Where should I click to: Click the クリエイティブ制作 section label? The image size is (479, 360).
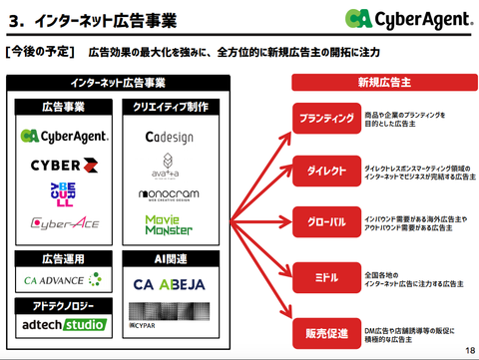pos(170,107)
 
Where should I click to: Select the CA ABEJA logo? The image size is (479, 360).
pos(170,284)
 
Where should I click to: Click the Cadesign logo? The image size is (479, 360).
pos(170,137)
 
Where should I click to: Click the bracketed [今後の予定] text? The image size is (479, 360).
pos(39,51)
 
